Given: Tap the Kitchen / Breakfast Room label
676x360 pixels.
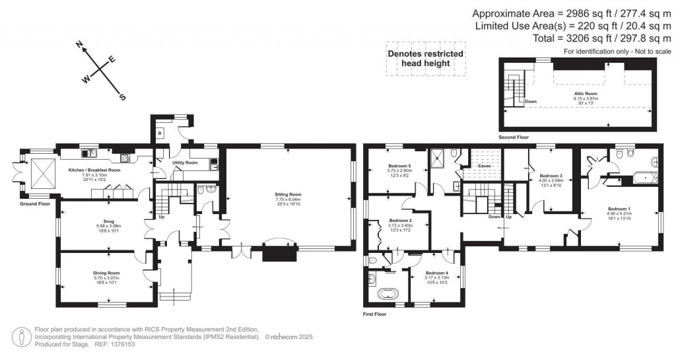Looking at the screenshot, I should (x=95, y=170).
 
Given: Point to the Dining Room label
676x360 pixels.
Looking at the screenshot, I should (x=106, y=272).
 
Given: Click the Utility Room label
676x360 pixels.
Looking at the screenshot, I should (x=186, y=162).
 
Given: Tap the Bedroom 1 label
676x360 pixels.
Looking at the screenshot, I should (x=619, y=209).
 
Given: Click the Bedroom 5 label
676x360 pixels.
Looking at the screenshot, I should (x=400, y=166).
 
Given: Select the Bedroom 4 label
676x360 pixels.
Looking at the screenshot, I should (x=436, y=273).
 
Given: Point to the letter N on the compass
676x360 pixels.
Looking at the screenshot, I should (x=80, y=45).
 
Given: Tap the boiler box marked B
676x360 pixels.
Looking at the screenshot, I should (x=160, y=132).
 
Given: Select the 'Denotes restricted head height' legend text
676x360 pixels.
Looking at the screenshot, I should (x=424, y=58).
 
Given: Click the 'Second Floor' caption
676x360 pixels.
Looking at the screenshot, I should (x=514, y=138).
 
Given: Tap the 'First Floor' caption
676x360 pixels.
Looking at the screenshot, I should (x=375, y=314).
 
